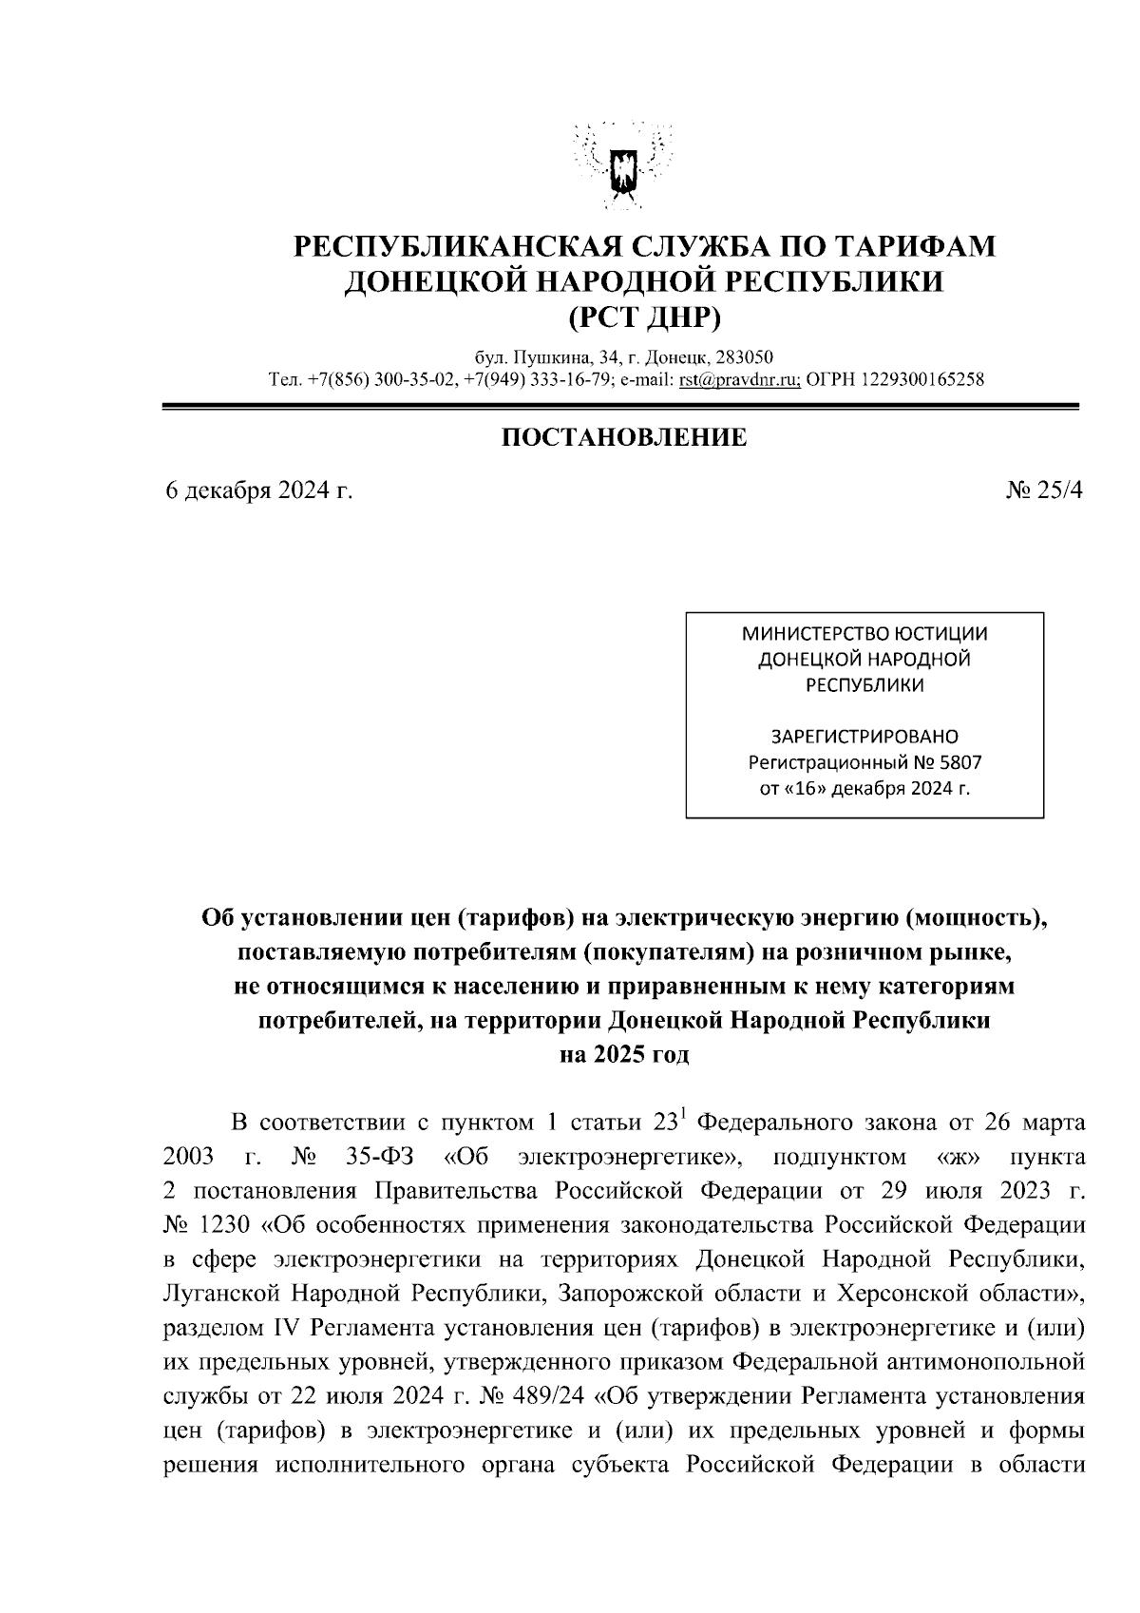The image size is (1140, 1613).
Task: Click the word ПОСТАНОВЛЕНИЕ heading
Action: (623, 437)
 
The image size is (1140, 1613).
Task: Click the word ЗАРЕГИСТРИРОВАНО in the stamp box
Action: (864, 736)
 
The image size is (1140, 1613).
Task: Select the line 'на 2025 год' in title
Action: (623, 1055)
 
